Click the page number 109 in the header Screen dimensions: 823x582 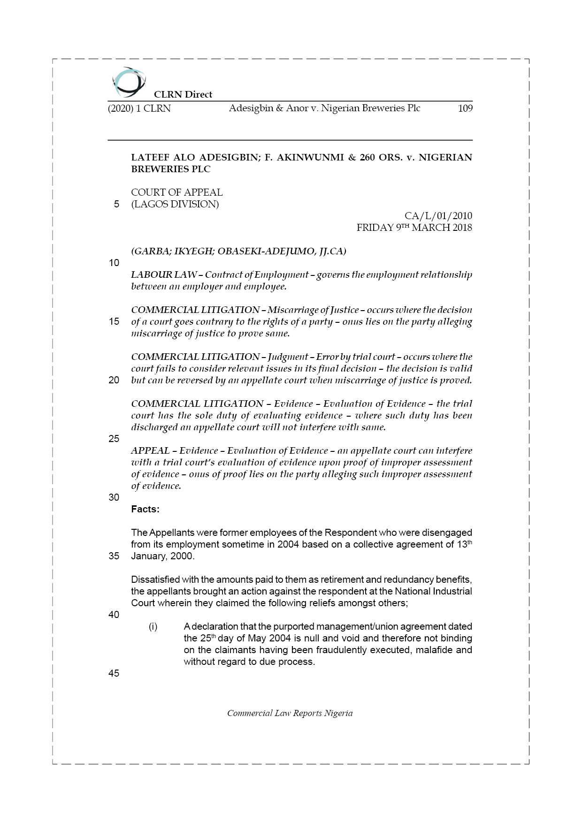tap(465, 108)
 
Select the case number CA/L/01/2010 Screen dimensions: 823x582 tap(438, 216)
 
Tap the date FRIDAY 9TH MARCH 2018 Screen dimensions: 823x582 tap(414, 228)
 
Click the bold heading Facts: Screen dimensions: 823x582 tap(145, 509)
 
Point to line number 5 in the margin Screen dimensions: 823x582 tap(116, 204)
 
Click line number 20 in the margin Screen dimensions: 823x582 tap(114, 380)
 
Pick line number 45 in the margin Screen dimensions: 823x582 tap(114, 673)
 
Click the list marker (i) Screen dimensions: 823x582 tap(153, 626)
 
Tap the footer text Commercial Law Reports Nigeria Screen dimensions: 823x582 tap(290, 713)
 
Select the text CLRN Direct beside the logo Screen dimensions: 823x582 tap(183, 94)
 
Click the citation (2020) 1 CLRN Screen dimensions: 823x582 tap(139, 108)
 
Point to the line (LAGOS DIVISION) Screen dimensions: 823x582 tap(175, 204)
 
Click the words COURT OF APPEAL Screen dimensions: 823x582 tap(176, 192)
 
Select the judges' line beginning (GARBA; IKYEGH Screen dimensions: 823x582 tap(238, 251)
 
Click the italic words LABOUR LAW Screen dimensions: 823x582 tap(164, 274)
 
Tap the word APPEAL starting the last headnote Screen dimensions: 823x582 tap(150, 450)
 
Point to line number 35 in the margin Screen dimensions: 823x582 tap(114, 556)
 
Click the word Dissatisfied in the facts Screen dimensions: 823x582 tap(155, 579)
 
